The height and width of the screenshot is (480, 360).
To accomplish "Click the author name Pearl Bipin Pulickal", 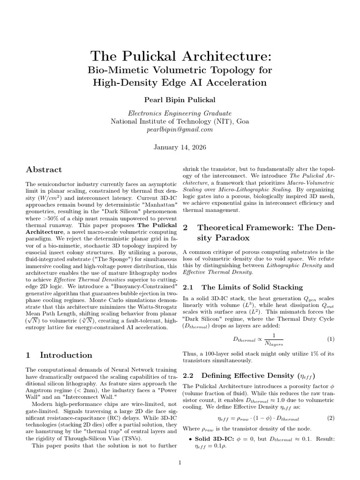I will tap(180, 100).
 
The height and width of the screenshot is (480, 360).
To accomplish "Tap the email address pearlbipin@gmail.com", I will tap(180, 130).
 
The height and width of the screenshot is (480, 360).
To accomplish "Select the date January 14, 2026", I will tap(180, 147).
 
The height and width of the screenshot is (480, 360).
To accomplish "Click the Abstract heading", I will tap(44, 170).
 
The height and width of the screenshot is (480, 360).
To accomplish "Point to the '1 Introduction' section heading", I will tap(59, 355).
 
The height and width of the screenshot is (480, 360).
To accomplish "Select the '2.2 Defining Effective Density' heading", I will tap(248, 375).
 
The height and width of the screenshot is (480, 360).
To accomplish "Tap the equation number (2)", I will tap(330, 418).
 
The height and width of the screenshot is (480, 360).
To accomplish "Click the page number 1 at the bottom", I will tap(180, 463).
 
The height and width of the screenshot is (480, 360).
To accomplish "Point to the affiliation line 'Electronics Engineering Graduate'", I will tap(180, 113).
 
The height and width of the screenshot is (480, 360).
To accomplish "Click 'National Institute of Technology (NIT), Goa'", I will tap(180, 121).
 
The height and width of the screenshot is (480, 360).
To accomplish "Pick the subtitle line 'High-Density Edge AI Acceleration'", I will tap(180, 83).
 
